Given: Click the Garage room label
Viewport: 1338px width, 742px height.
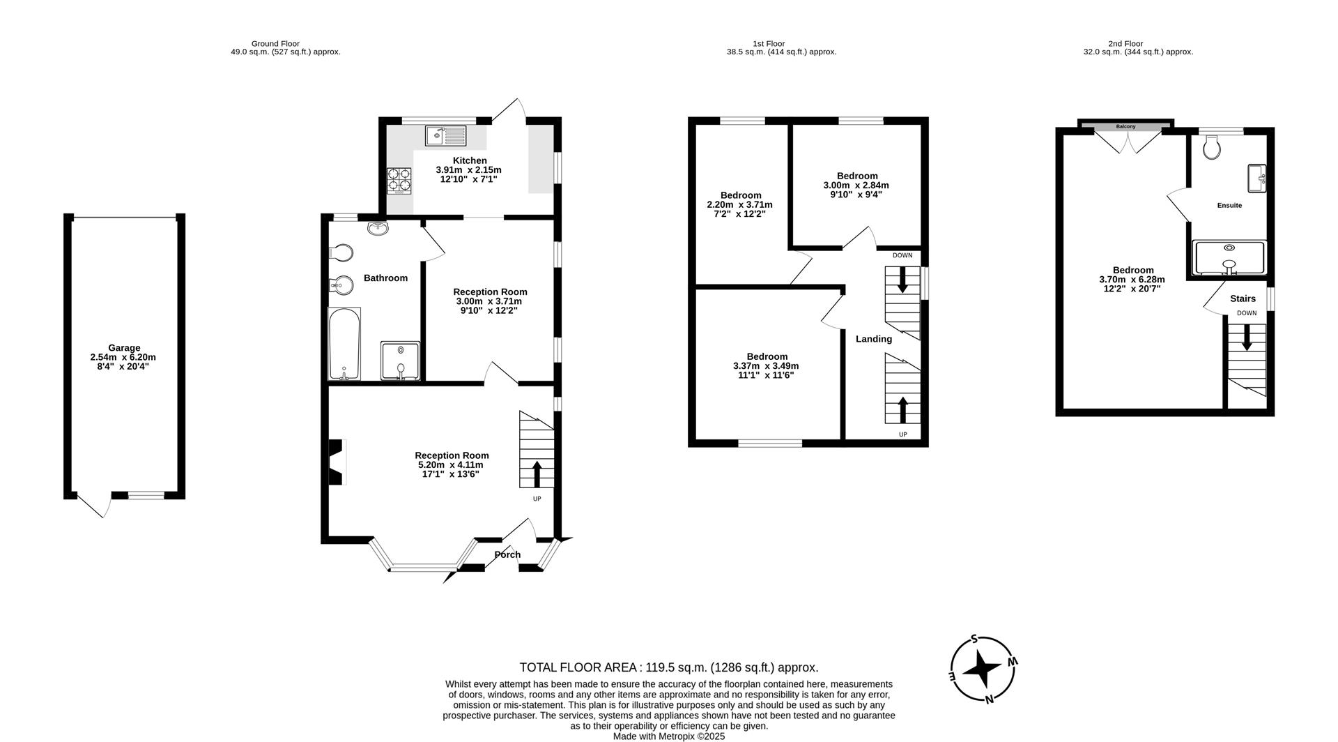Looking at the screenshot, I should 123,348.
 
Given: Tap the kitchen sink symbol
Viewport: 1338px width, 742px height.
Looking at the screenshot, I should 446,135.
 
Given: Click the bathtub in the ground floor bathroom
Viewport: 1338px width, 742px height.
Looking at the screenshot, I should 344,344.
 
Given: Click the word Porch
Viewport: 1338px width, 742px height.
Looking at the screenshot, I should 507,554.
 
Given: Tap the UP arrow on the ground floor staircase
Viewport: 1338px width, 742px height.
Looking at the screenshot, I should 537,474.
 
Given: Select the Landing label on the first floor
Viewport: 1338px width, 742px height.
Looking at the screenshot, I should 873,339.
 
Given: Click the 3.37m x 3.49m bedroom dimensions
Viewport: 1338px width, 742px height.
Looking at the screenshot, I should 766,366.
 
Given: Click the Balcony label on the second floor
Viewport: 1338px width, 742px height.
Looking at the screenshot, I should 1125,126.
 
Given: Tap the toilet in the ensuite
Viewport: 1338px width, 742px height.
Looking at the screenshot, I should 1213,148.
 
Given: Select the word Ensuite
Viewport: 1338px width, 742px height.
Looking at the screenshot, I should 1229,206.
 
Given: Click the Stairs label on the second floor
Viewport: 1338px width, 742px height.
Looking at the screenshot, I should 1243,298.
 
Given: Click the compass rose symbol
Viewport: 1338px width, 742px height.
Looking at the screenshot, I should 983,669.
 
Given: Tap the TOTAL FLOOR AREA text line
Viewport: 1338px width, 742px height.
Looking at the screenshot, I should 668,667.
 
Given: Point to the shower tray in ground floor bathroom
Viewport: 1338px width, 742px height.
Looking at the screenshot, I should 401,361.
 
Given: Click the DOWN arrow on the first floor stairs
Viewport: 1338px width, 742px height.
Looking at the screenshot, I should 902,281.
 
